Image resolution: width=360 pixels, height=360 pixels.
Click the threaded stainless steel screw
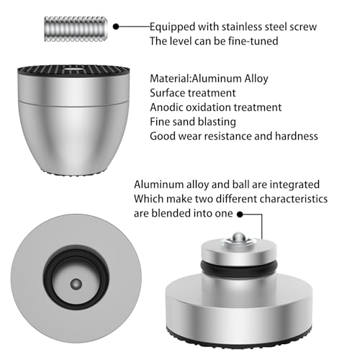tap(76, 29)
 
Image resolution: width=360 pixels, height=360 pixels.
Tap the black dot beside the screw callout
tap(116, 27)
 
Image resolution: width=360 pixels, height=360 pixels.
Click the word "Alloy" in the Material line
tap(256, 79)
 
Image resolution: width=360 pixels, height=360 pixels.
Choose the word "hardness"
tap(297, 136)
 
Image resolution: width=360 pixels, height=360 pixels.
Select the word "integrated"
tap(294, 185)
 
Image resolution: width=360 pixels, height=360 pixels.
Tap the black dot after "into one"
tap(240, 214)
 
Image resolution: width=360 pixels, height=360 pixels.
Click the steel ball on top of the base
tap(238, 237)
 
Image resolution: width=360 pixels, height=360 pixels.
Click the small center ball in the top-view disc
tap(76, 284)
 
